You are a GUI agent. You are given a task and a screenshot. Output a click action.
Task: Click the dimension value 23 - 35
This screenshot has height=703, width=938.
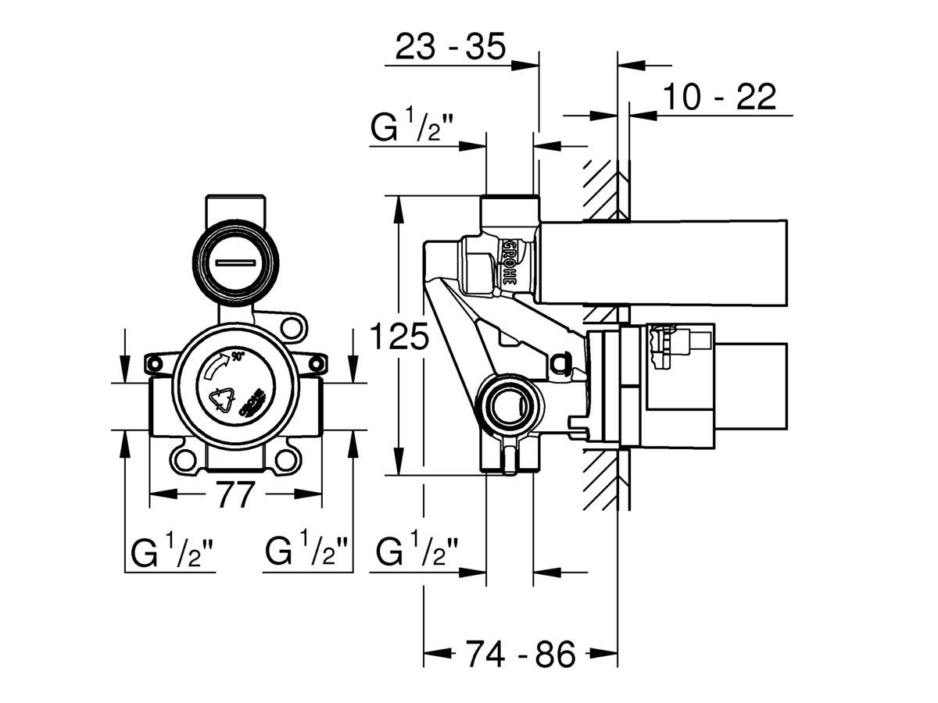click(450, 48)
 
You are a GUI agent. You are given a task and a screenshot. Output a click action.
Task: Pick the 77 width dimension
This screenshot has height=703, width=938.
click(235, 494)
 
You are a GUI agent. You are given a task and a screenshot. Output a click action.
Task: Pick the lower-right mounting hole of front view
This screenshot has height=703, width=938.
click(287, 459)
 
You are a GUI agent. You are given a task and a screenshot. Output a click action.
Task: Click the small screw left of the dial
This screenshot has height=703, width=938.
click(154, 363)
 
